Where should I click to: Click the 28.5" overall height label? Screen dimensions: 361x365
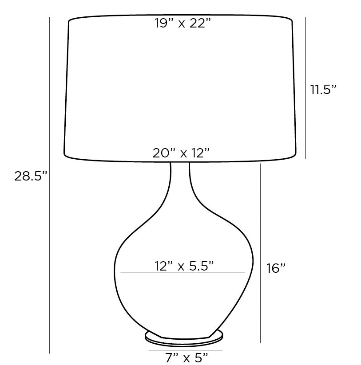coord(31,176)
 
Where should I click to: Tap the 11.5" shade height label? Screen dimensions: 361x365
coord(323,89)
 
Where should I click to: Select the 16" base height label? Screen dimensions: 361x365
coord(276,268)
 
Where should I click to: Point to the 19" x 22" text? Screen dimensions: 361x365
coord(182,23)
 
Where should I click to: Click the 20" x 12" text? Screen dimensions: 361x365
coord(181,153)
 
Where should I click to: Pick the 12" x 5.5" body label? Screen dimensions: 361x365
coord(184,266)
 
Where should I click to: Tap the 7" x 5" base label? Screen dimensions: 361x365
coord(186,358)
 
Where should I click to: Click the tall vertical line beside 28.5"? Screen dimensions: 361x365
coord(50,185)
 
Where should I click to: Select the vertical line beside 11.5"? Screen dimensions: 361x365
coord(306,88)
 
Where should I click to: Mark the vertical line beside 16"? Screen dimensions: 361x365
coord(261,253)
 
